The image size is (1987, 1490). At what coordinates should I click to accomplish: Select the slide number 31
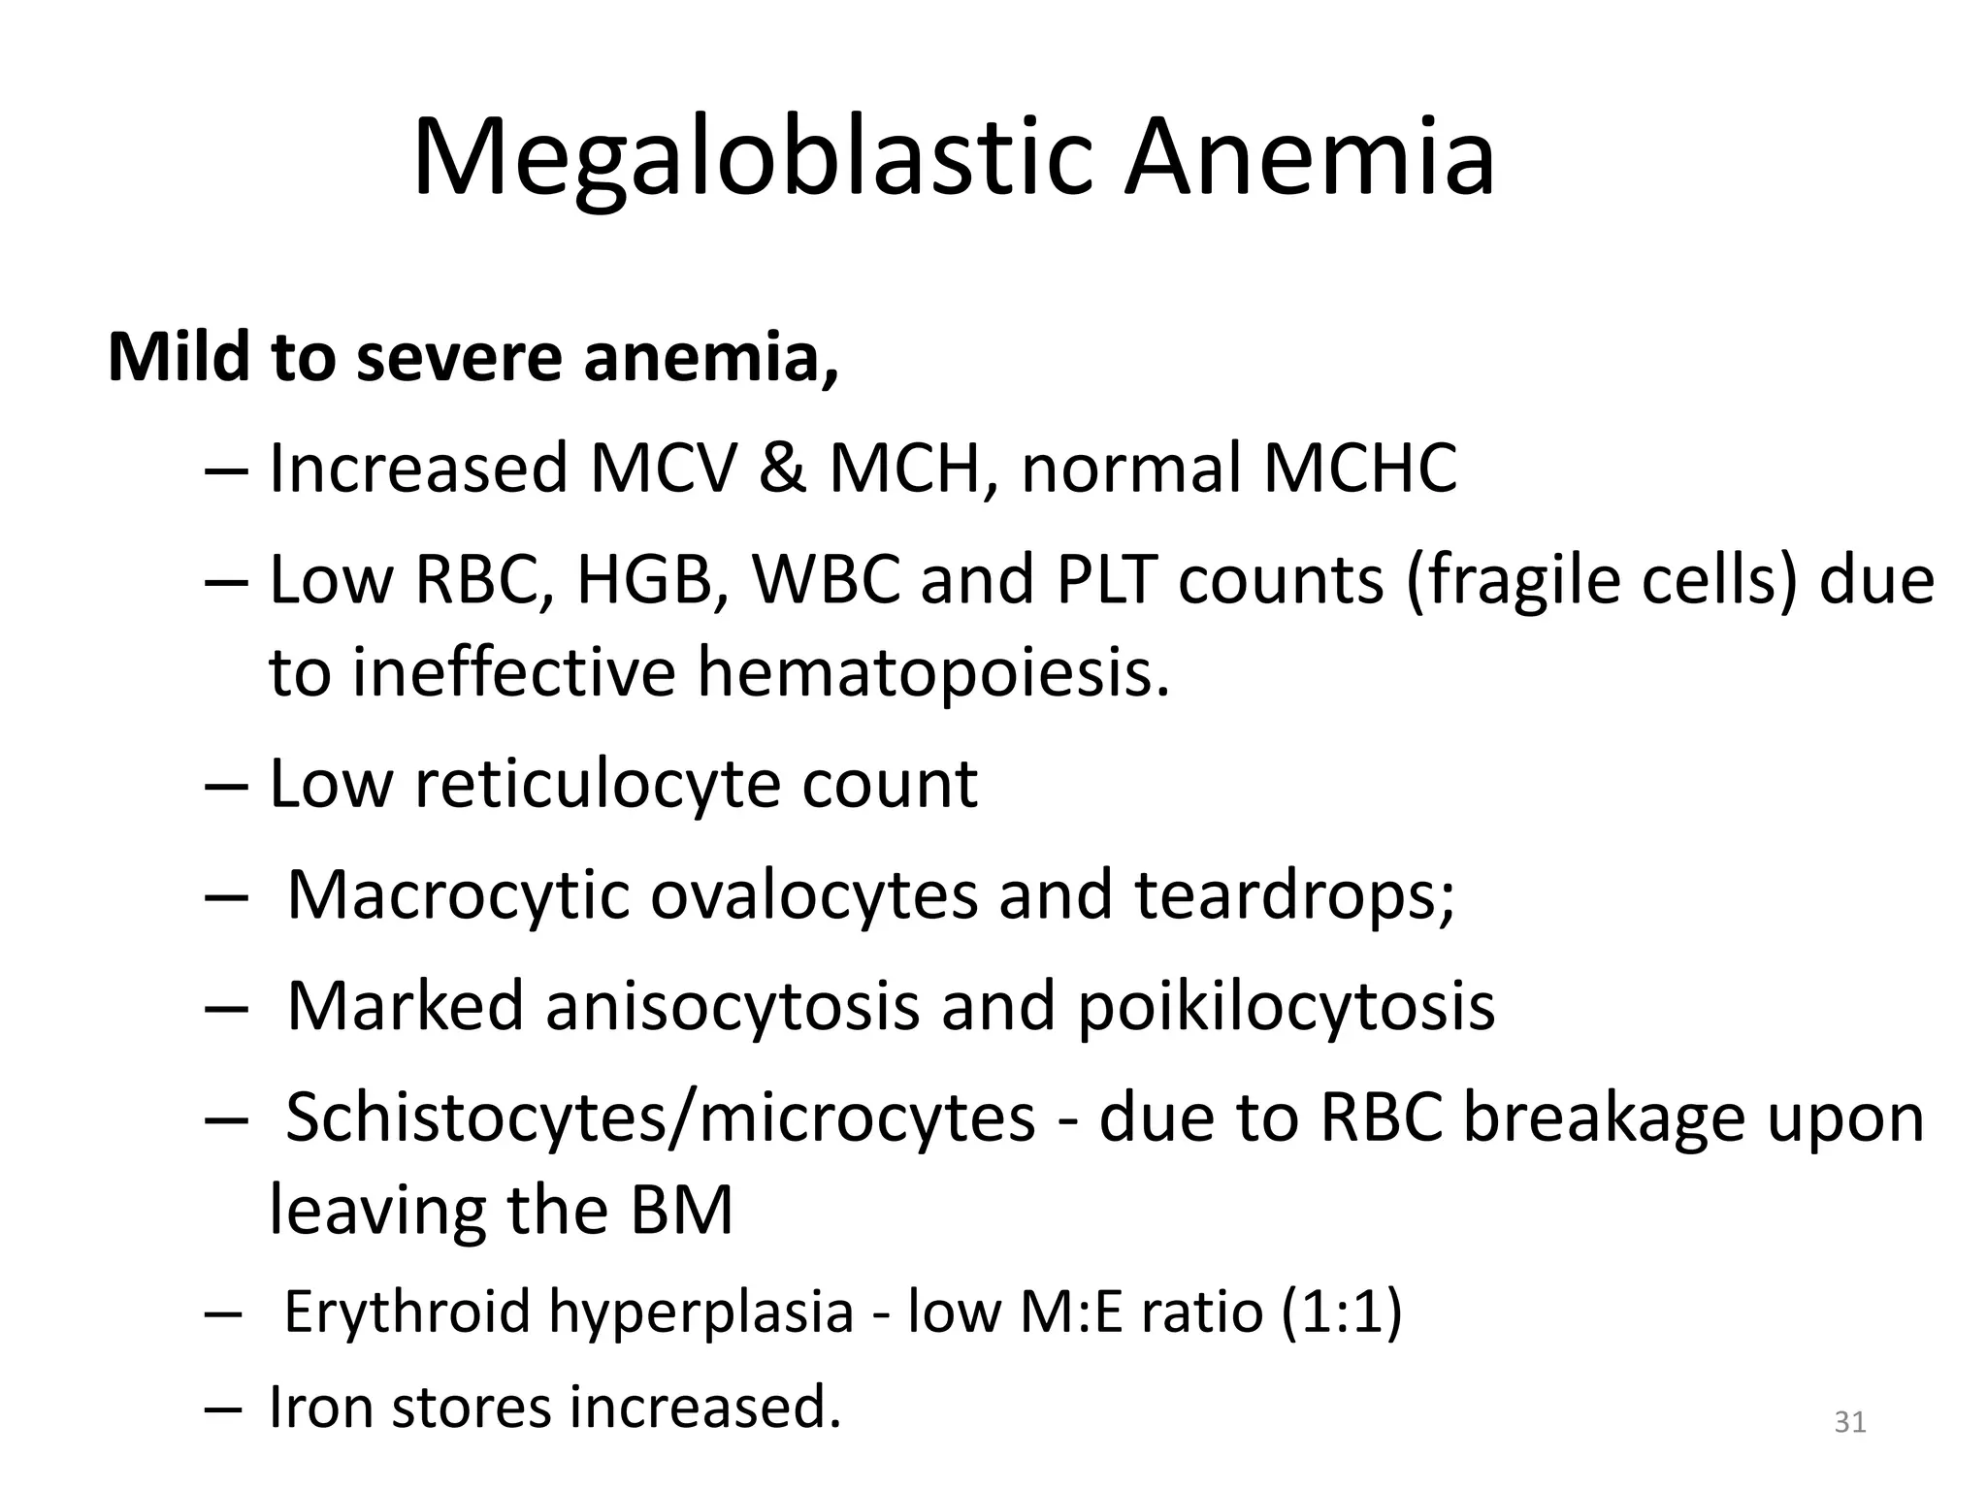point(1850,1422)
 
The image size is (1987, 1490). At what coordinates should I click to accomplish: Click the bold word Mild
point(179,357)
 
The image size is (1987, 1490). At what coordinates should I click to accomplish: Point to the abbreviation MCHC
point(1359,469)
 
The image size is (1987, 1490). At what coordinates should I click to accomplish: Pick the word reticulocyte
point(598,783)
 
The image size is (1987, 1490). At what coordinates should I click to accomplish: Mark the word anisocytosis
point(732,1006)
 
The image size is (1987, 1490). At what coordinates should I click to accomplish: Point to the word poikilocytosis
point(1287,1006)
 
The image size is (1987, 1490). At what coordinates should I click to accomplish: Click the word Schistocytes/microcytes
point(661,1117)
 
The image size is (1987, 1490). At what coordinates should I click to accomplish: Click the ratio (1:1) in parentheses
point(1341,1311)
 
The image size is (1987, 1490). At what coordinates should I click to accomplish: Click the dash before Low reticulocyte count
point(228,785)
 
